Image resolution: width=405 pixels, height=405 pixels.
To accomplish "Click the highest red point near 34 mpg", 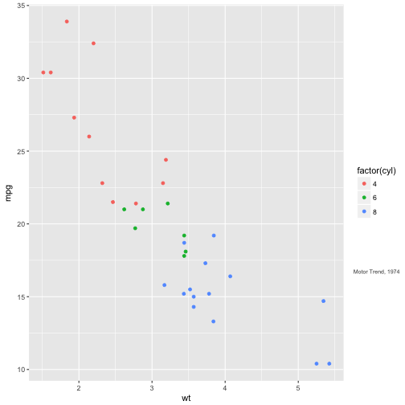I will [67, 22].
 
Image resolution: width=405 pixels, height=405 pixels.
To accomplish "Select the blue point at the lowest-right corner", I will [329, 363].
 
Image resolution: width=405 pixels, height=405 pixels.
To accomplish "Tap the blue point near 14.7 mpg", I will [323, 301].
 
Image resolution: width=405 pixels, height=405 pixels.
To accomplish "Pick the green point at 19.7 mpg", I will [135, 228].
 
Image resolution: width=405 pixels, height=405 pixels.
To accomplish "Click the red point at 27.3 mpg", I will [74, 117].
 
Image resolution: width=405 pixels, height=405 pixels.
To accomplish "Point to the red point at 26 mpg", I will [89, 137].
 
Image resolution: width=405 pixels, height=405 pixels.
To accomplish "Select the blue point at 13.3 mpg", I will [214, 321].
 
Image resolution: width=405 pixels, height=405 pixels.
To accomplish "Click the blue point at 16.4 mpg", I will [230, 276].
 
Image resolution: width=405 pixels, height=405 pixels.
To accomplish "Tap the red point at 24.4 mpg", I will [166, 160].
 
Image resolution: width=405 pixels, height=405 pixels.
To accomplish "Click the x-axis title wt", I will [186, 398].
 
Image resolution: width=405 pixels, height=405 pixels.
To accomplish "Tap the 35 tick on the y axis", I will [22, 6].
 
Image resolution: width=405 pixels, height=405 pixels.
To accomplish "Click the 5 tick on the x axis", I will [298, 386].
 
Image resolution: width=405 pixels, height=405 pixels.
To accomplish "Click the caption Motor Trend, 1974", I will [377, 272].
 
